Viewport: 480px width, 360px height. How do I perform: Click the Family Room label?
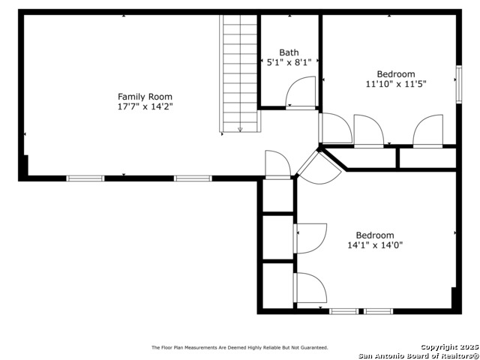[145, 97]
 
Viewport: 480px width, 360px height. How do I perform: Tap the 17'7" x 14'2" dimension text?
[145, 106]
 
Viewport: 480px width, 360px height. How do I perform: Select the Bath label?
[289, 52]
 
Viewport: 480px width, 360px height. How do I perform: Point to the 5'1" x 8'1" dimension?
[289, 62]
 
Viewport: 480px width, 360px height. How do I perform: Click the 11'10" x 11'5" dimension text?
[396, 84]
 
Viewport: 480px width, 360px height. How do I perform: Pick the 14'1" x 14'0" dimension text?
[375, 245]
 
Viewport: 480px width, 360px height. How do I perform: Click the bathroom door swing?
[300, 92]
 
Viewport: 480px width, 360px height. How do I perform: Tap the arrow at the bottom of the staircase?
[240, 130]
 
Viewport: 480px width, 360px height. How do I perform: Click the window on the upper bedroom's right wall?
[458, 85]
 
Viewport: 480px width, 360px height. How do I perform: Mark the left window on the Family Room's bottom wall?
[85, 178]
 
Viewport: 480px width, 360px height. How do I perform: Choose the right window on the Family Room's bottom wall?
[193, 178]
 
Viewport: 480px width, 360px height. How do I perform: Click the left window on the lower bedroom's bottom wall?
[343, 311]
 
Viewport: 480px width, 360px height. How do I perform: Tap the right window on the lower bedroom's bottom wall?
[378, 311]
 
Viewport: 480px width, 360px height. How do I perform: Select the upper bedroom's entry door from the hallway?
[335, 128]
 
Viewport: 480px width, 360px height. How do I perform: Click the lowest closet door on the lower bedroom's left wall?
[310, 288]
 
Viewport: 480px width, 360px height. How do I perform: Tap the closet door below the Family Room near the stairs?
[277, 165]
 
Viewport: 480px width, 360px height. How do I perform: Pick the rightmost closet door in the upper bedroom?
[427, 131]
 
